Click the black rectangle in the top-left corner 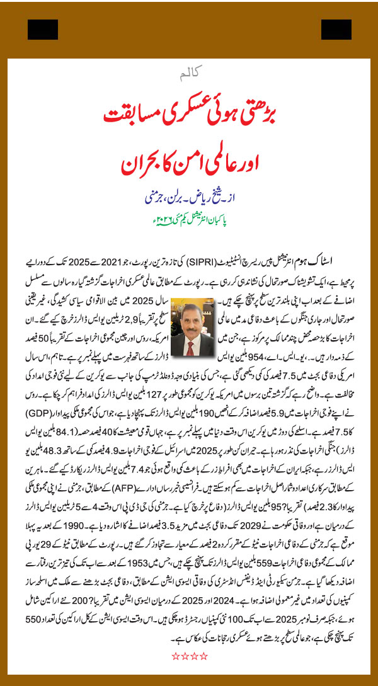[x=43, y=30]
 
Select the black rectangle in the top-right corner [x=336, y=30]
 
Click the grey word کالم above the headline [x=189, y=76]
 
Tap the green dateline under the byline [x=189, y=220]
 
